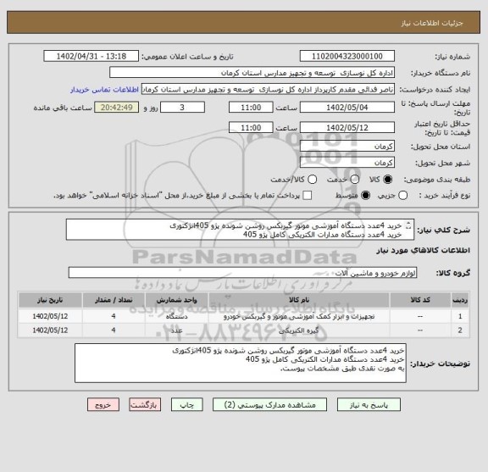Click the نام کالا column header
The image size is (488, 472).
(298, 298)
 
